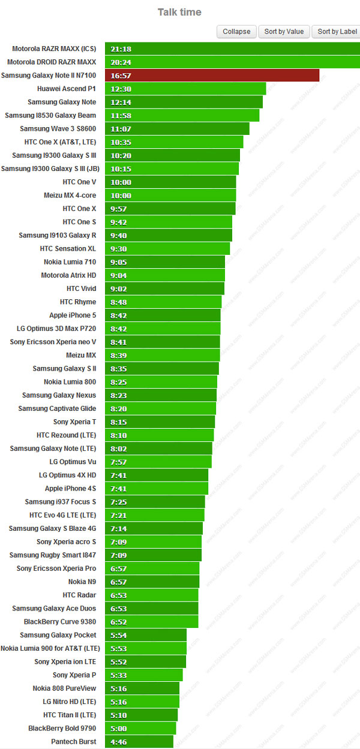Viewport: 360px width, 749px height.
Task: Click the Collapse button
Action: [236, 32]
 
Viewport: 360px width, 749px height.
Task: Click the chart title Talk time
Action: [179, 12]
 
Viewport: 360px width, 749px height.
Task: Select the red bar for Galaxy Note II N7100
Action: [212, 76]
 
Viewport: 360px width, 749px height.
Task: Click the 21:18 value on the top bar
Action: [121, 49]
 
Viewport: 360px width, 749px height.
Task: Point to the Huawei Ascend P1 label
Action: [67, 89]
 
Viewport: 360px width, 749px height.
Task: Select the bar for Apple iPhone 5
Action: [163, 315]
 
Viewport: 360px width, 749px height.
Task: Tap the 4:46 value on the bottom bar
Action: [119, 742]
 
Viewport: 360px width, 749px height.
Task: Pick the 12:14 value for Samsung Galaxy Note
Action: [121, 103]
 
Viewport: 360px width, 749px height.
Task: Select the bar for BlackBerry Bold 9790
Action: [140, 729]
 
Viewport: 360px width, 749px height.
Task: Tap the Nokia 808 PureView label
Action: [64, 688]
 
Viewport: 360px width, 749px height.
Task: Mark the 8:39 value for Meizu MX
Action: [119, 356]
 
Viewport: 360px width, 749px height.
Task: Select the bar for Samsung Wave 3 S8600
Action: [177, 129]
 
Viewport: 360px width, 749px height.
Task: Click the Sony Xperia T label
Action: [74, 422]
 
